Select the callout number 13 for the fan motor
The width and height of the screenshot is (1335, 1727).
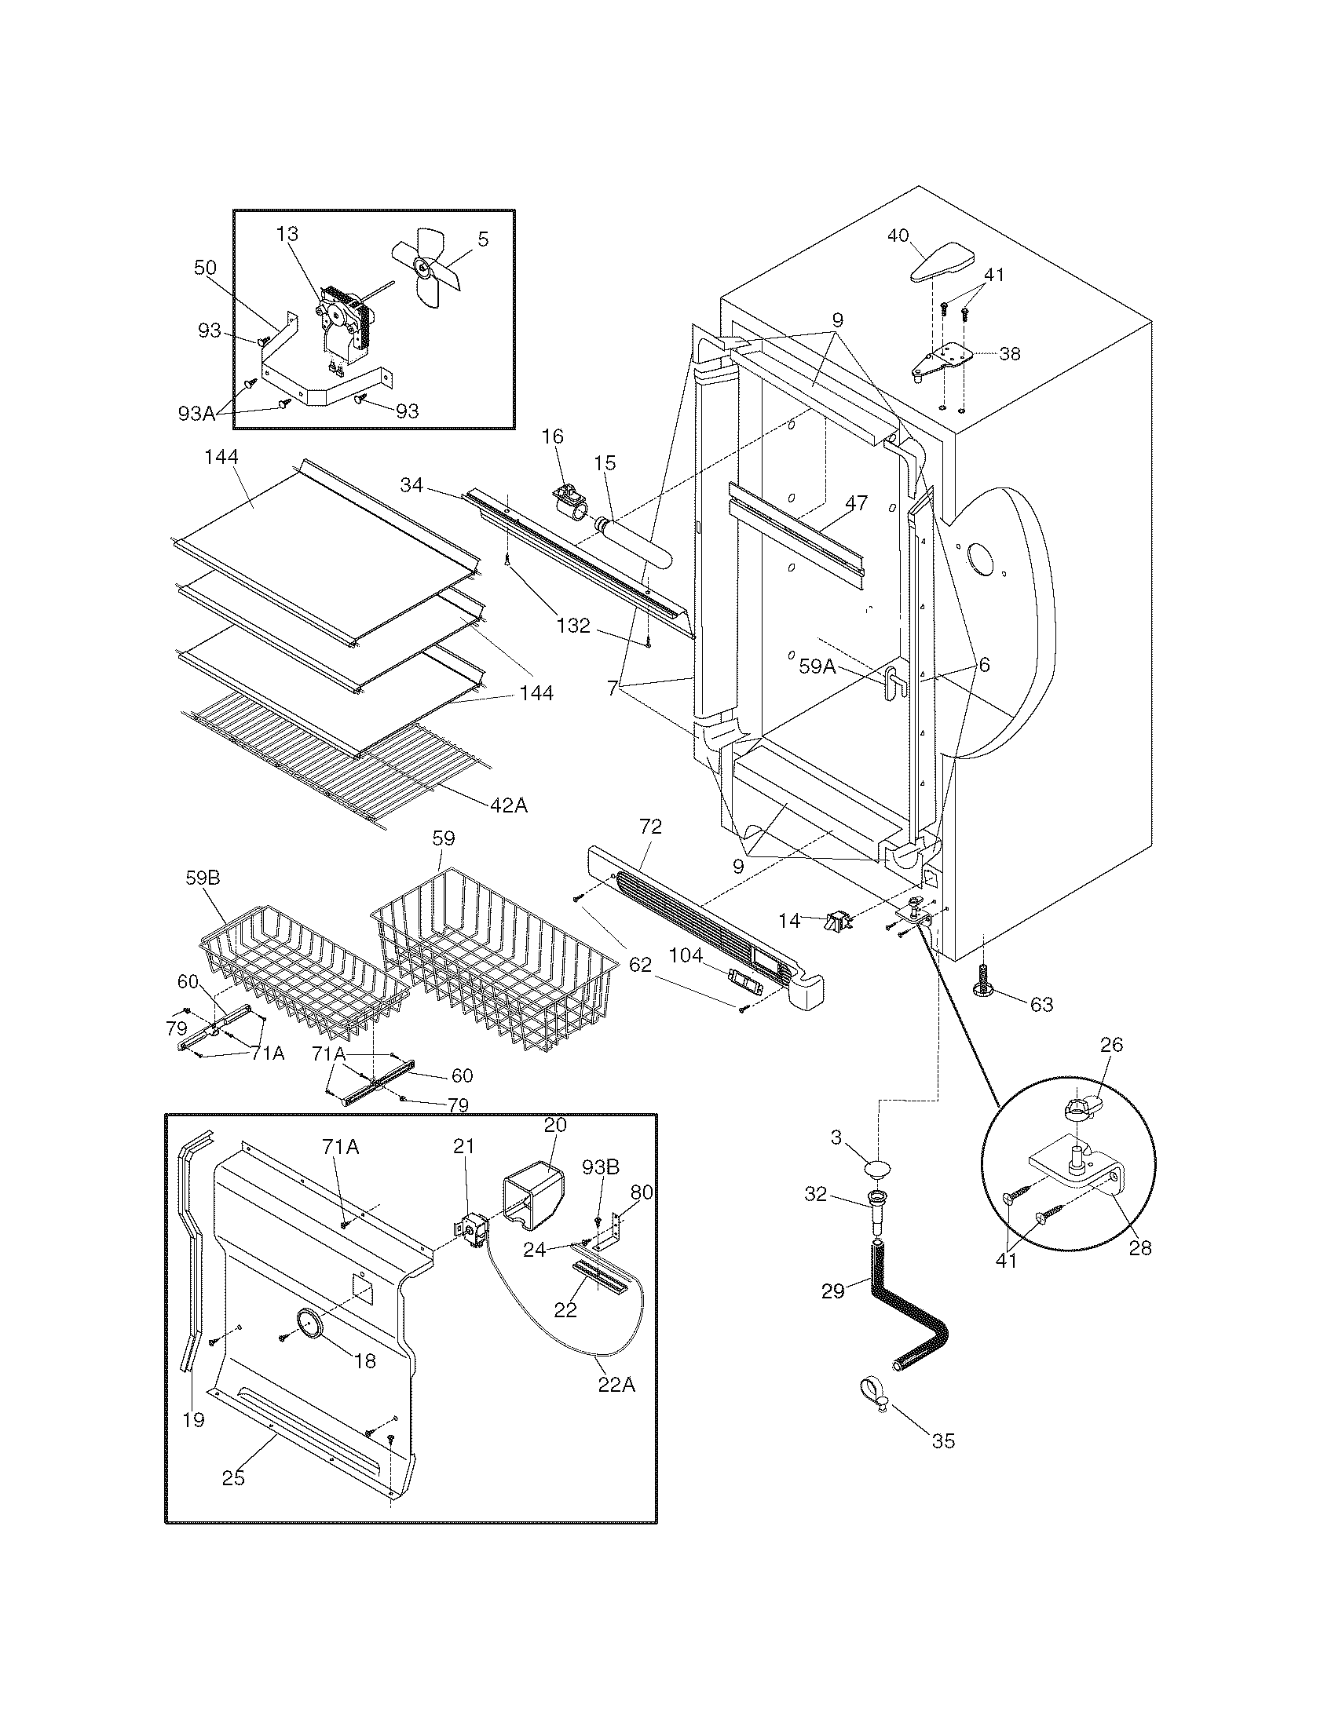pyautogui.click(x=287, y=234)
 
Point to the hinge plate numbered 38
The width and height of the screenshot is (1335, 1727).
pyautogui.click(x=942, y=362)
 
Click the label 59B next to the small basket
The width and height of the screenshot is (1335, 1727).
pyautogui.click(x=203, y=878)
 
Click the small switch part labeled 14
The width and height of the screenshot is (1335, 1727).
pyautogui.click(x=838, y=920)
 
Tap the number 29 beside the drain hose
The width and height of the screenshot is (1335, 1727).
pyautogui.click(x=832, y=1291)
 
